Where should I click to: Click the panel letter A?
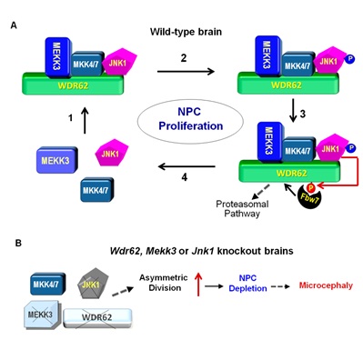pyautogui.click(x=14, y=25)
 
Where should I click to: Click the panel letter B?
pyautogui.click(x=18, y=243)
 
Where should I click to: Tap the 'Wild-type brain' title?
pyautogui.click(x=186, y=32)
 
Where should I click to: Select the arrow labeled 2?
pyautogui.click(x=186, y=72)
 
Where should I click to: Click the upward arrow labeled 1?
pyautogui.click(x=86, y=121)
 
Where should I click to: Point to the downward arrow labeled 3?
pyautogui.click(x=293, y=110)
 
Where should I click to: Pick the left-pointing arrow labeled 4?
pyautogui.click(x=187, y=166)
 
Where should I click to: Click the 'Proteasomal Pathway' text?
pyautogui.click(x=242, y=209)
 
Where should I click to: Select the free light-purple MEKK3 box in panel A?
pyautogui.click(x=56, y=161)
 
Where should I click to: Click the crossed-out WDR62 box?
pyautogui.click(x=97, y=318)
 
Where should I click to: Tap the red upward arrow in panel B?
pyautogui.click(x=198, y=285)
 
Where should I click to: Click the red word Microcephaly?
pyautogui.click(x=326, y=285)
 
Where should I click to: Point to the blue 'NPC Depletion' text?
pyautogui.click(x=247, y=283)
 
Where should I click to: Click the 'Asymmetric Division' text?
pyautogui.click(x=164, y=283)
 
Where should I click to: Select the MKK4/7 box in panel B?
pyautogui.click(x=47, y=285)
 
